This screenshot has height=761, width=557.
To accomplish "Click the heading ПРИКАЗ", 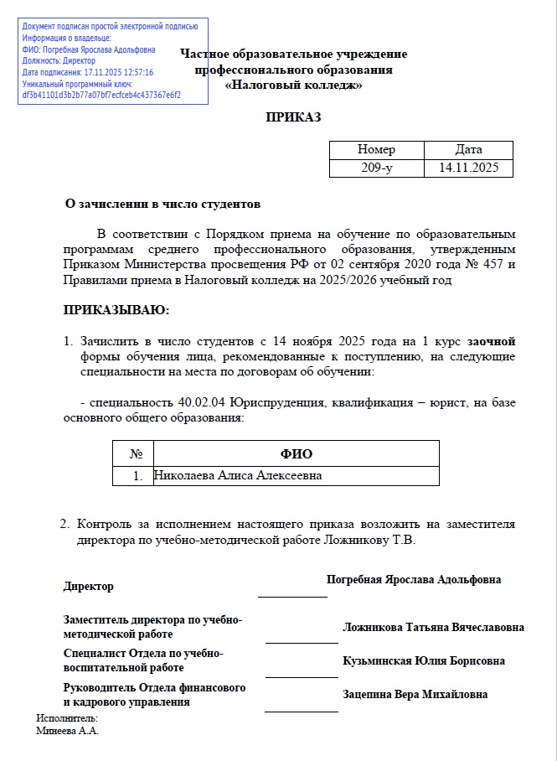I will click(x=293, y=117).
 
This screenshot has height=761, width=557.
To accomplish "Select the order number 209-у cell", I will click(x=376, y=168).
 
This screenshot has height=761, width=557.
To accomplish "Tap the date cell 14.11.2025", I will click(x=468, y=168).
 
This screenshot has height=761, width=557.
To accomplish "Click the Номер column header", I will click(x=376, y=149).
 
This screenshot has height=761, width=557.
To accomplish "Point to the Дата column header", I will click(x=468, y=149).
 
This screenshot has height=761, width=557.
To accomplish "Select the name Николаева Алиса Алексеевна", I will click(x=237, y=475).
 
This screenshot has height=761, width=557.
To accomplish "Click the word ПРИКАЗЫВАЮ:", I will click(x=116, y=311).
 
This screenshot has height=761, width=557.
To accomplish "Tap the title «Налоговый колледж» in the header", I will click(x=293, y=85).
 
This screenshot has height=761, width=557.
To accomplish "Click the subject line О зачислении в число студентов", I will click(x=163, y=204).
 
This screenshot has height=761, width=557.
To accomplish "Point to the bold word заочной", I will click(x=491, y=341).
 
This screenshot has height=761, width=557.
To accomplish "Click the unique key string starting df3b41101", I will click(x=101, y=96).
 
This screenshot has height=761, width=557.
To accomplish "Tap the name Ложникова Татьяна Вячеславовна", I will click(x=433, y=627).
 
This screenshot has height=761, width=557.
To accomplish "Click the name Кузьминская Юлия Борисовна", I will click(x=423, y=660).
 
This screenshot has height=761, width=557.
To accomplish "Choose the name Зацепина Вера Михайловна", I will click(x=415, y=694).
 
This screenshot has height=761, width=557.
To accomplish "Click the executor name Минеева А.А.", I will click(x=68, y=730).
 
